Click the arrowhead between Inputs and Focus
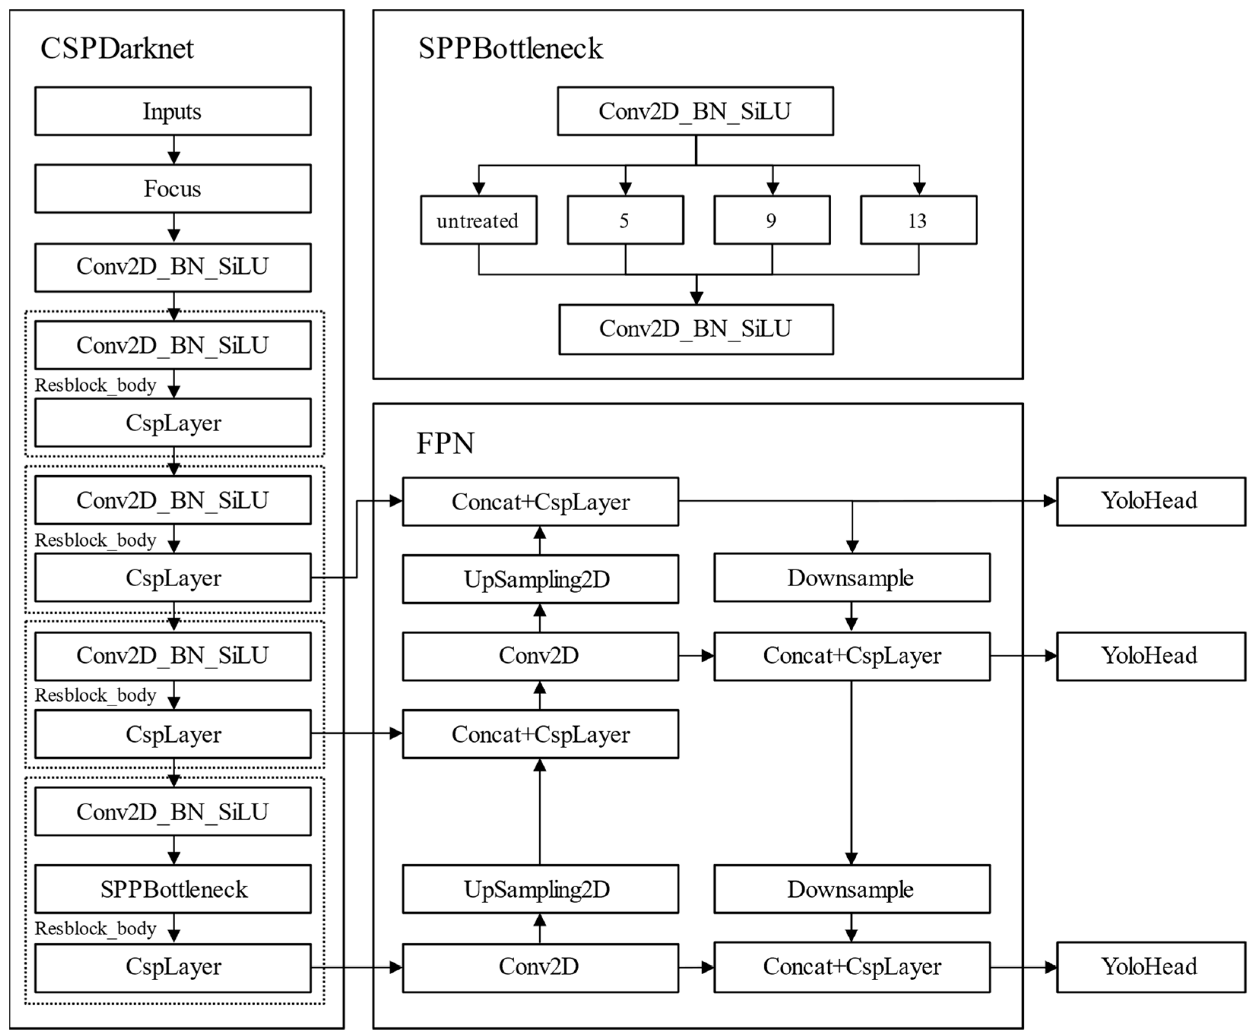(173, 157)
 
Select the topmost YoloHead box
(1150, 501)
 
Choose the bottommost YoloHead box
(1150, 967)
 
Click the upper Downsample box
(851, 578)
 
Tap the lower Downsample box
(851, 889)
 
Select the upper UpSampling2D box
(540, 579)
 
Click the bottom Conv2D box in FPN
(540, 967)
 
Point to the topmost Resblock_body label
(95, 386)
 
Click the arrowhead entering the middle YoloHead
(1050, 656)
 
